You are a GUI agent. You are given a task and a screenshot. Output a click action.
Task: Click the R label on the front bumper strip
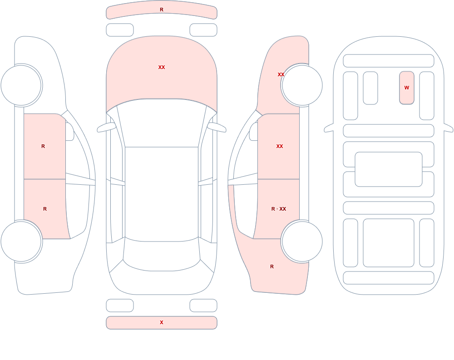162,10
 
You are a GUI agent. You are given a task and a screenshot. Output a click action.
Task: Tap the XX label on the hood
162,67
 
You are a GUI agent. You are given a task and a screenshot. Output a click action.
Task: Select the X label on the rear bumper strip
162,322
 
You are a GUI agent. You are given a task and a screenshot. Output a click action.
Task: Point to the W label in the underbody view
407,88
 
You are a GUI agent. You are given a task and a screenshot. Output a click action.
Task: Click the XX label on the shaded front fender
281,74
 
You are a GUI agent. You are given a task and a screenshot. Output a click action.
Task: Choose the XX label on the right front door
279,146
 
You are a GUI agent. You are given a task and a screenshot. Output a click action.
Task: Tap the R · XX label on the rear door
279,209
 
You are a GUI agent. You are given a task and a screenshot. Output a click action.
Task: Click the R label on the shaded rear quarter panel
272,266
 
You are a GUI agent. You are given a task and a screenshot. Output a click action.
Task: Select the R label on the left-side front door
43,146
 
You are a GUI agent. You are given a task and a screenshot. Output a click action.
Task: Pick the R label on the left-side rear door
45,209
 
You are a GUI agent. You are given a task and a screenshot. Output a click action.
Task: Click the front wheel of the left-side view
21,85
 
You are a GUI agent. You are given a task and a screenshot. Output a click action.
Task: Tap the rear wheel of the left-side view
21,242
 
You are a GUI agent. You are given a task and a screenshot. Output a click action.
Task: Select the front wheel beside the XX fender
302,85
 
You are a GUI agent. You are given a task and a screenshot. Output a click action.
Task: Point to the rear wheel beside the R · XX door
302,242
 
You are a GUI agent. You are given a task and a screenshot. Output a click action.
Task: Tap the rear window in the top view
162,255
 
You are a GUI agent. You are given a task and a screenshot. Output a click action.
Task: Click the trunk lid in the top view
162,282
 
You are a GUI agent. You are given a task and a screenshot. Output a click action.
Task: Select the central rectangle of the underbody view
389,169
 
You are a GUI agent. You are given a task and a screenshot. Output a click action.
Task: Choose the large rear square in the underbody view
389,243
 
